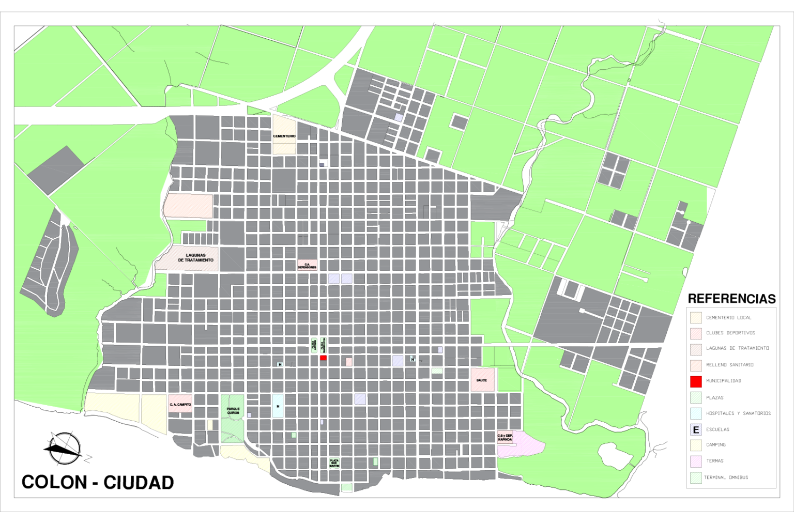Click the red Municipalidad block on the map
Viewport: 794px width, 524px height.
[323, 358]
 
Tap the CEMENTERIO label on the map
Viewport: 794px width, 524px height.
[284, 136]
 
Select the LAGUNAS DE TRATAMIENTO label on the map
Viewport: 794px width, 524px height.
[195, 258]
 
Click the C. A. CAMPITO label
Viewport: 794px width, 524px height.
[180, 405]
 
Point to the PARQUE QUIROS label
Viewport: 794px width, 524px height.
[233, 411]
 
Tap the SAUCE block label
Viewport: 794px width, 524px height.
[482, 380]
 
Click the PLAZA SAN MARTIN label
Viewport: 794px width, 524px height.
[334, 463]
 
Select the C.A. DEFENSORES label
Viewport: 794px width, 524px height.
[307, 266]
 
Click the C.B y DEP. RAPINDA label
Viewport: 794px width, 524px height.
[505, 438]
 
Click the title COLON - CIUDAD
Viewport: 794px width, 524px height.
[98, 482]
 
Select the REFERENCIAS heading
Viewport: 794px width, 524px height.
[731, 299]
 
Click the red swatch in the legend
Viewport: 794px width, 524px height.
[696, 381]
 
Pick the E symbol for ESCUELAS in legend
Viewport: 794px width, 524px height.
[696, 429]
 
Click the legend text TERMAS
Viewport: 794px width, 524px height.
[715, 461]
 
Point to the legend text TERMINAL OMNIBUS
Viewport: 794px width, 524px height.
[726, 477]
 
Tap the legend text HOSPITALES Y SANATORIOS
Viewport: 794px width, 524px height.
[738, 413]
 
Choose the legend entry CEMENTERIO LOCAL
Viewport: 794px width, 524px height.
[728, 318]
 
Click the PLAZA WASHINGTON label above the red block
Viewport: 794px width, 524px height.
[324, 345]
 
